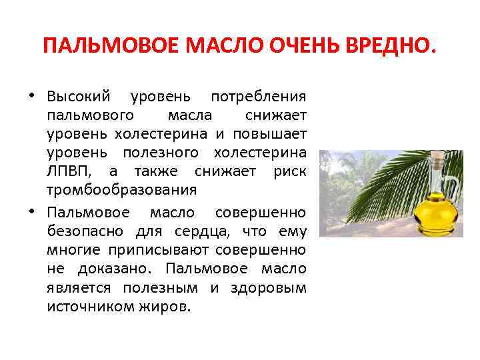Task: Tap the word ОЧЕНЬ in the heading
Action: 304,45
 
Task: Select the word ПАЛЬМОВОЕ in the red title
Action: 111,45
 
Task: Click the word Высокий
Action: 79,97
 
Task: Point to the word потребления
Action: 259,97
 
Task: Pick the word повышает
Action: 270,134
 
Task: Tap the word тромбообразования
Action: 122,191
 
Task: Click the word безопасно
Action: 85,231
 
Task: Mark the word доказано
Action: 115,269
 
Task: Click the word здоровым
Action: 269,289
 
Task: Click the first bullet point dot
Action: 31,96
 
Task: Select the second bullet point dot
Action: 31,211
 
